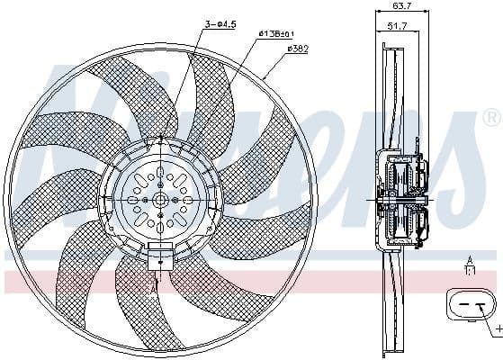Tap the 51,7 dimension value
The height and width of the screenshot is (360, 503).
395,26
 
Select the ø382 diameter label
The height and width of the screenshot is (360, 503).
297,48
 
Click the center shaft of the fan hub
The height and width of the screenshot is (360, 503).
160,199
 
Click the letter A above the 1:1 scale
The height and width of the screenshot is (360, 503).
469,260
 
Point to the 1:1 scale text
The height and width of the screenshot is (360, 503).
469,269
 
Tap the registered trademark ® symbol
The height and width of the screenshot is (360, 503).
490,117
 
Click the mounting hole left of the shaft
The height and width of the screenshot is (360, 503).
134,199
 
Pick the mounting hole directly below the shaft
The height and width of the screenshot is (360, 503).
160,225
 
